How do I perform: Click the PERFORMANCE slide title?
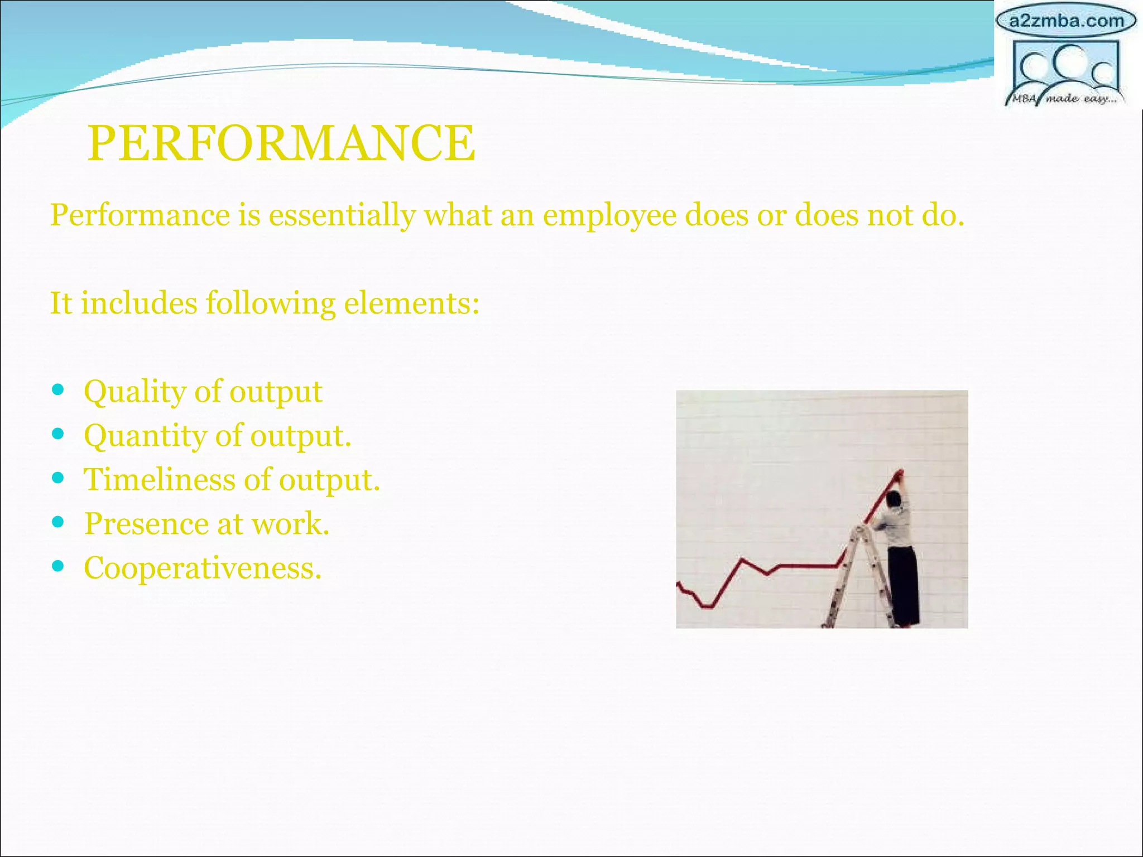(281, 143)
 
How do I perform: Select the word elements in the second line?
(411, 304)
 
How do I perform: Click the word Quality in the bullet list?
(135, 392)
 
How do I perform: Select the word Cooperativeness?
(203, 568)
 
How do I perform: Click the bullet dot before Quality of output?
(57, 389)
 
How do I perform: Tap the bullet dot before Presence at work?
(57, 522)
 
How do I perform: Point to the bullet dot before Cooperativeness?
(57, 566)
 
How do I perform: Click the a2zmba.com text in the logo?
(1066, 21)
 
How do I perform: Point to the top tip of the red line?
(899, 474)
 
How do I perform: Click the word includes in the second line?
(139, 304)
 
